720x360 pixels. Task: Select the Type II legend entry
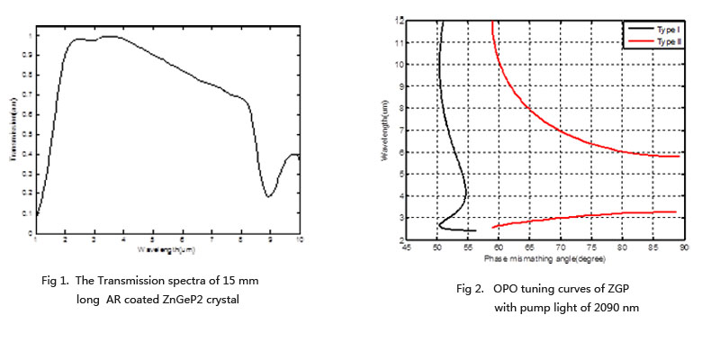665,41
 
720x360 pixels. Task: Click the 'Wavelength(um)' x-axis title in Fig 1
167,247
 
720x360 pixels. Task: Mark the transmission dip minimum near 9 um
269,196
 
